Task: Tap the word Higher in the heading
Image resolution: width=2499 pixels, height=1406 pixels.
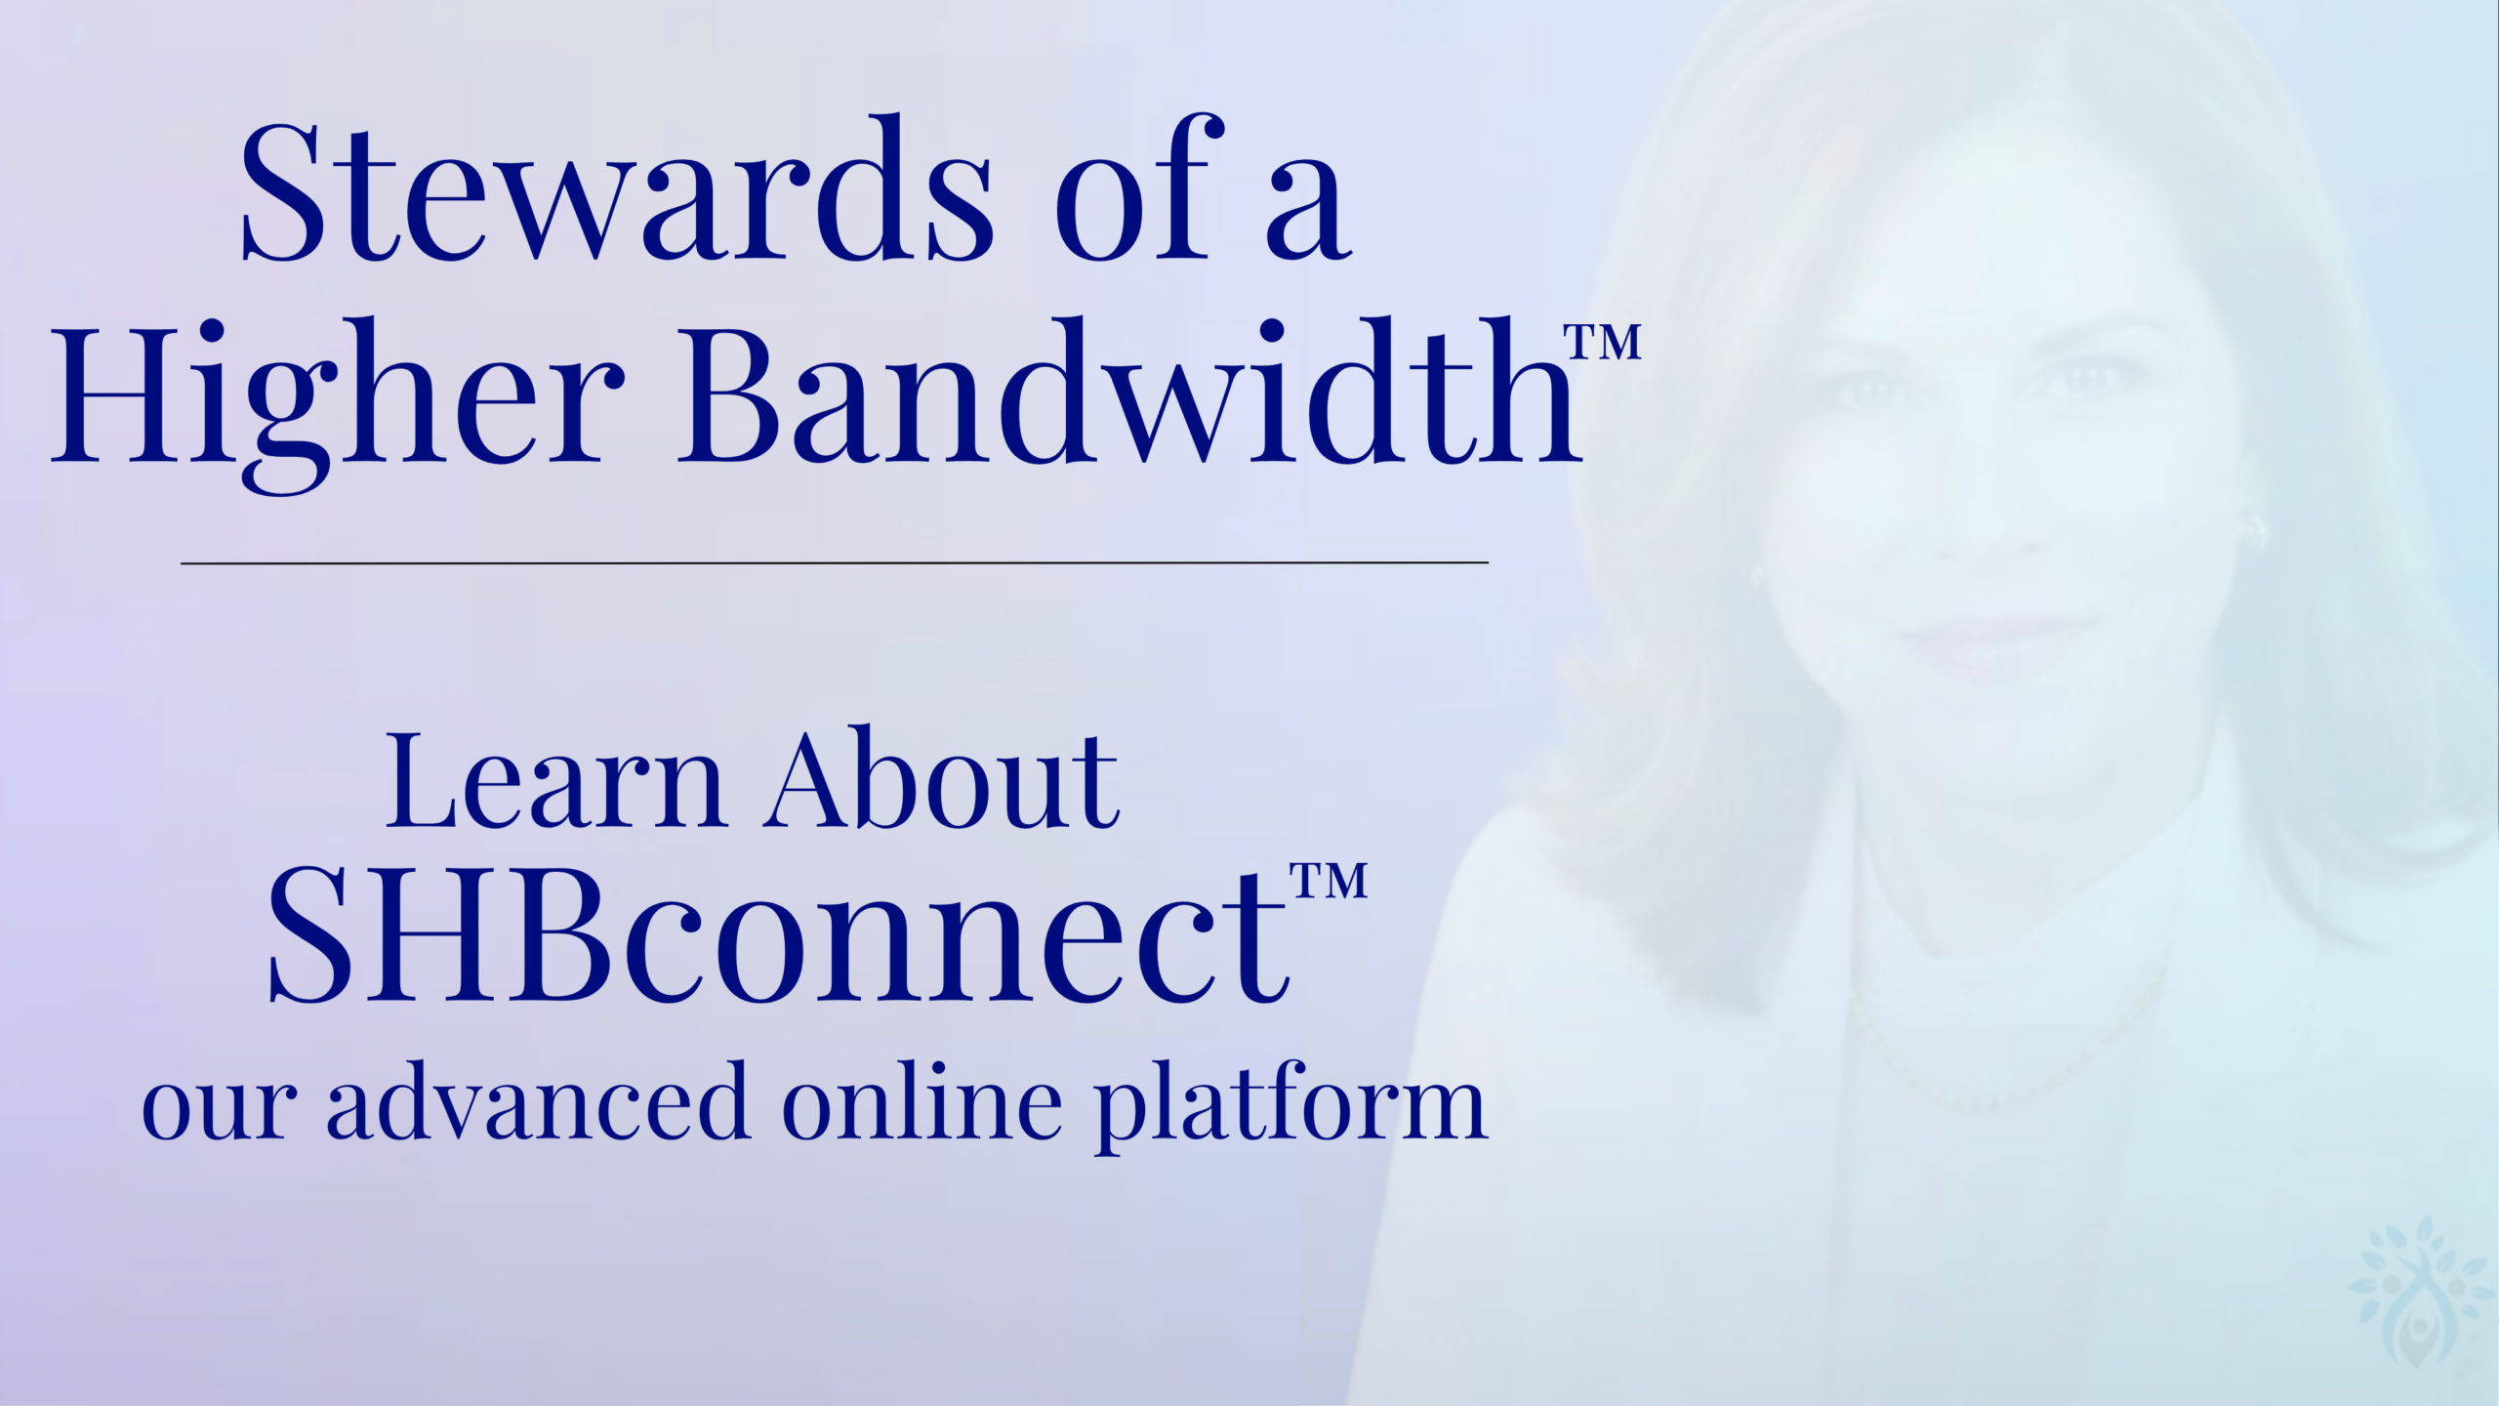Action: [338, 395]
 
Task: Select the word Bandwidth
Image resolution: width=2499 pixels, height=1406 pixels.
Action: [1127, 391]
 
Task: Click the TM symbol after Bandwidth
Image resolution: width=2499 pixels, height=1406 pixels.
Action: [1602, 343]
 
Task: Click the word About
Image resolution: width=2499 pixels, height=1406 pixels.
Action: [942, 781]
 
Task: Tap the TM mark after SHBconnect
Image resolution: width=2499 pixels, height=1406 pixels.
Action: [1329, 881]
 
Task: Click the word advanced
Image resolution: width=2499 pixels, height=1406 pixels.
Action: [538, 1103]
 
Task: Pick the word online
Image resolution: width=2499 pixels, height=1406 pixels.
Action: [922, 1103]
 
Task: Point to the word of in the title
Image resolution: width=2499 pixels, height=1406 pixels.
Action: [1137, 190]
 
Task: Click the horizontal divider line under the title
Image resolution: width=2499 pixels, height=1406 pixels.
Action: [835, 563]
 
